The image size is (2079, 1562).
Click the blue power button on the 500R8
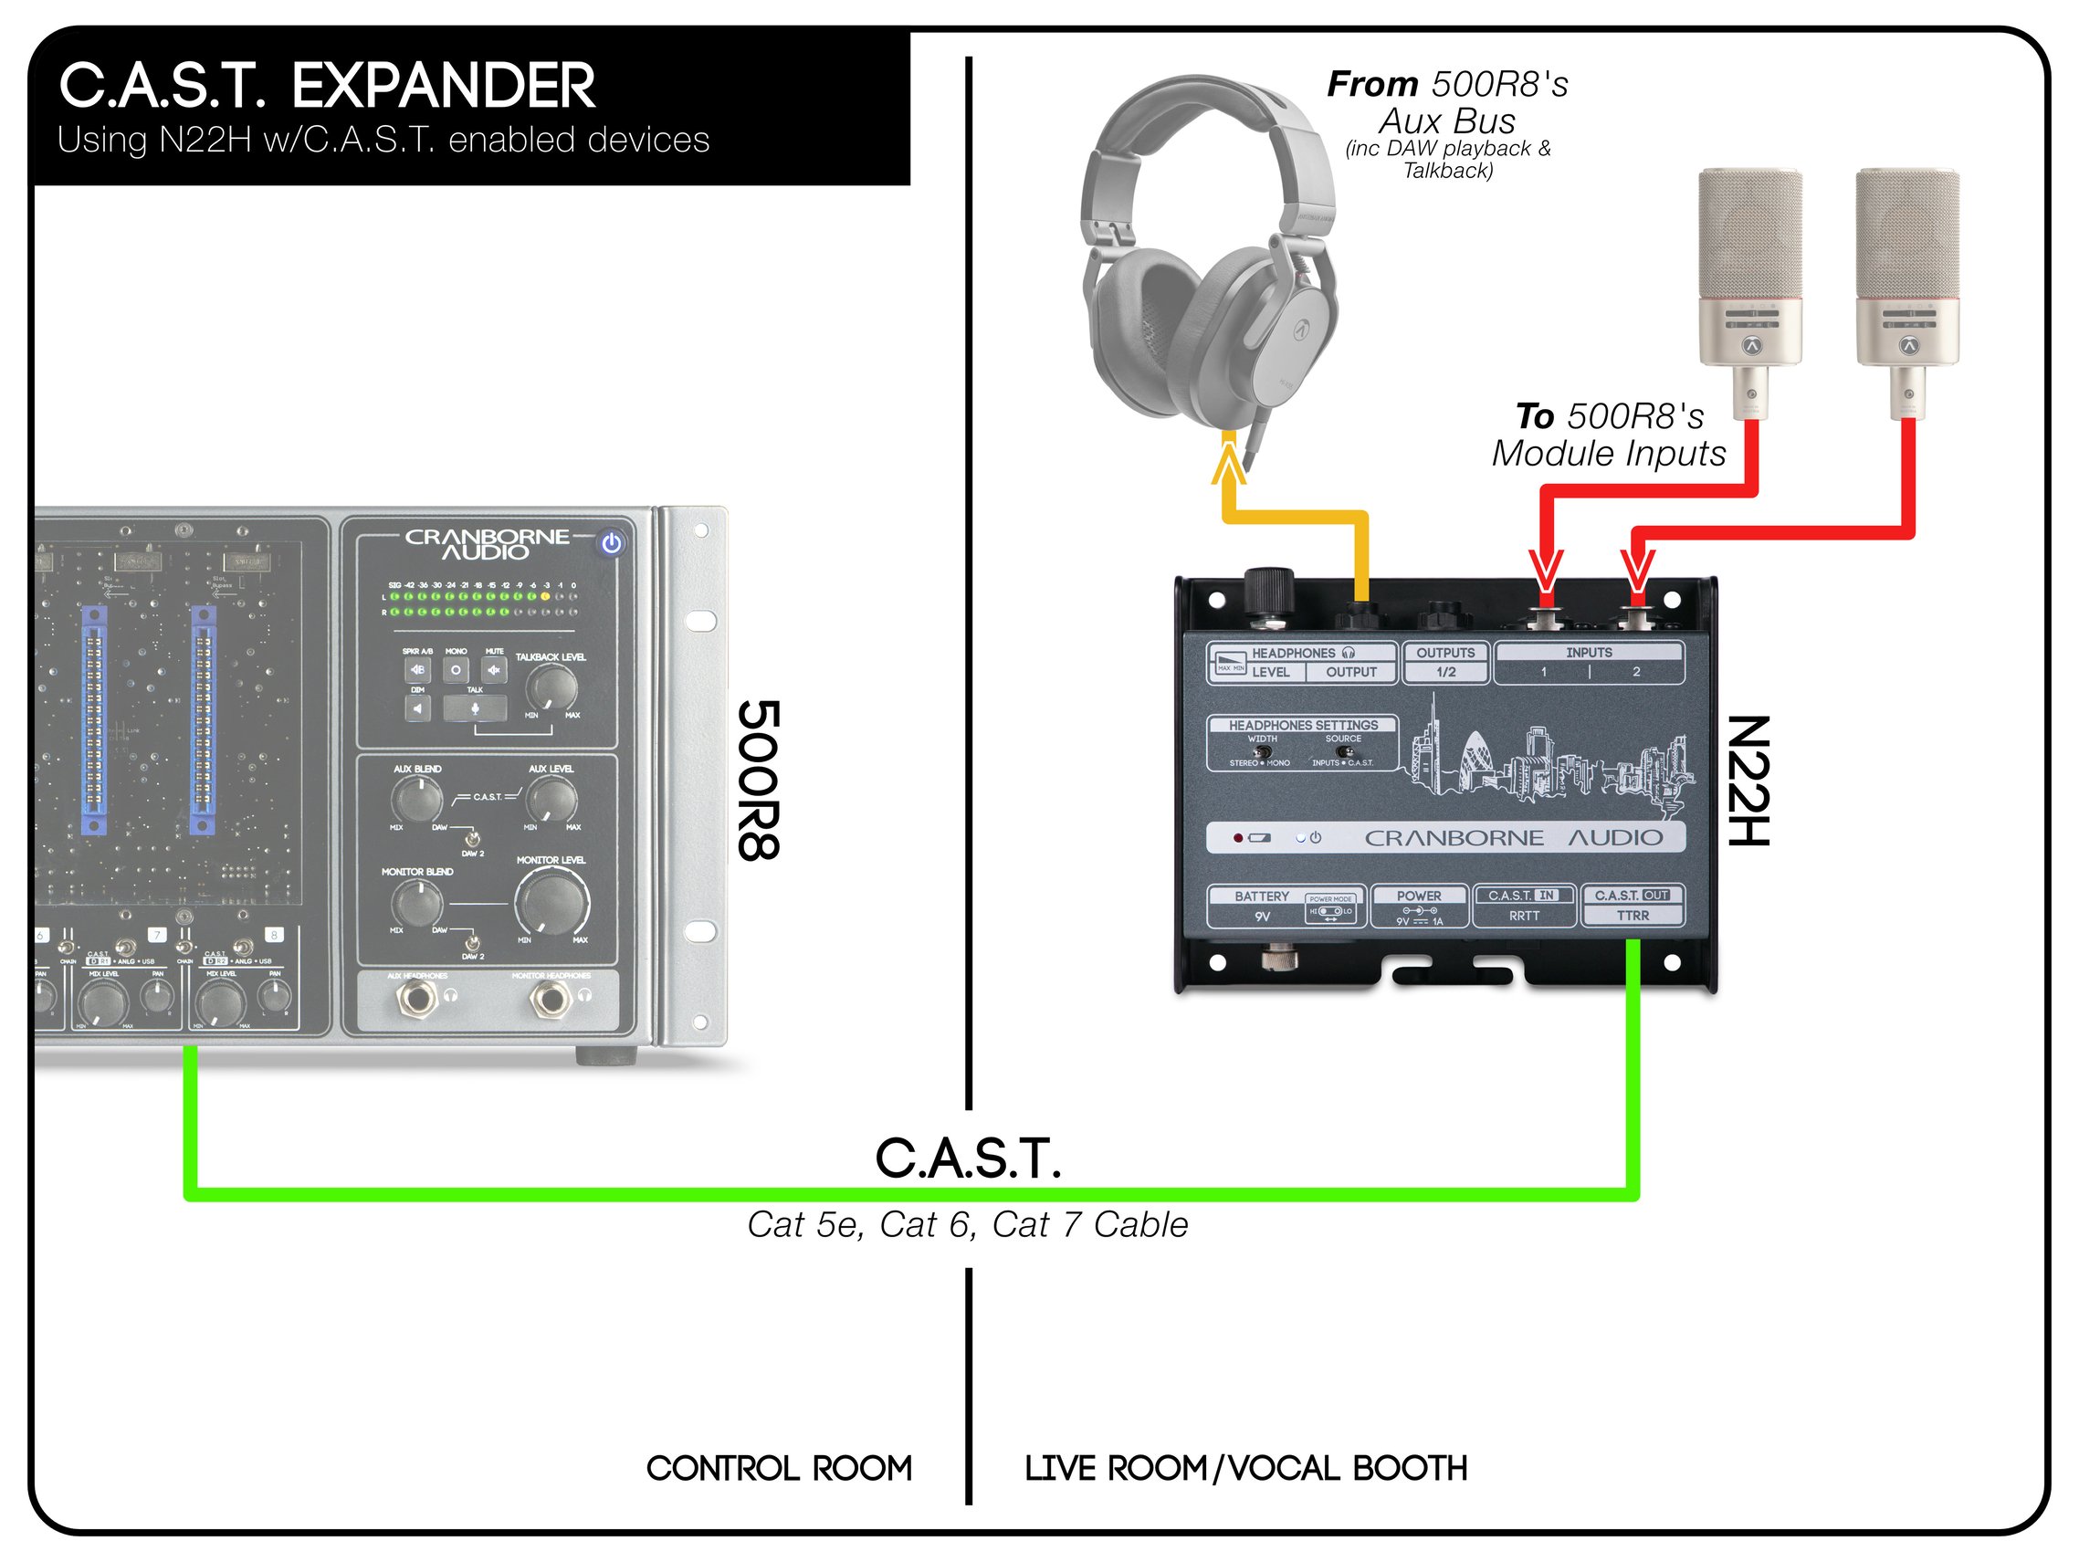point(612,543)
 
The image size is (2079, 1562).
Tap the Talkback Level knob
point(551,688)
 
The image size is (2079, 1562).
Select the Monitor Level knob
point(551,900)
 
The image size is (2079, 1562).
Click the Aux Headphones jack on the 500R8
point(415,999)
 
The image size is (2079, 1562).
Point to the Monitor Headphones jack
point(551,999)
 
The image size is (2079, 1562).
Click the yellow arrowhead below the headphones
point(1228,463)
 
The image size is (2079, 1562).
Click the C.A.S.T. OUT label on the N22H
point(1632,896)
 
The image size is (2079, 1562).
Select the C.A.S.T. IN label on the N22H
point(1524,896)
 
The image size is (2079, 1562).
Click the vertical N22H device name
point(1749,780)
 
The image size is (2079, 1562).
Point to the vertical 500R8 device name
point(759,780)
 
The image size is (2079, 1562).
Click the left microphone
point(1749,282)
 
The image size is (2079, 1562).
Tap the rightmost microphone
point(1907,282)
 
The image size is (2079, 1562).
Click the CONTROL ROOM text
point(779,1468)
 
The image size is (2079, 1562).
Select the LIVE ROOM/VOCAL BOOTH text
point(1245,1468)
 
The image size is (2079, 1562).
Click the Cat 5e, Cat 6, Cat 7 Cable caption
point(967,1225)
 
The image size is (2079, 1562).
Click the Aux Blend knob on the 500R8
point(416,800)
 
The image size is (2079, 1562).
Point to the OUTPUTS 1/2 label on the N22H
point(1445,662)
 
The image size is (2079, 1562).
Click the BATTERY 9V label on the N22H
point(1261,906)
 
